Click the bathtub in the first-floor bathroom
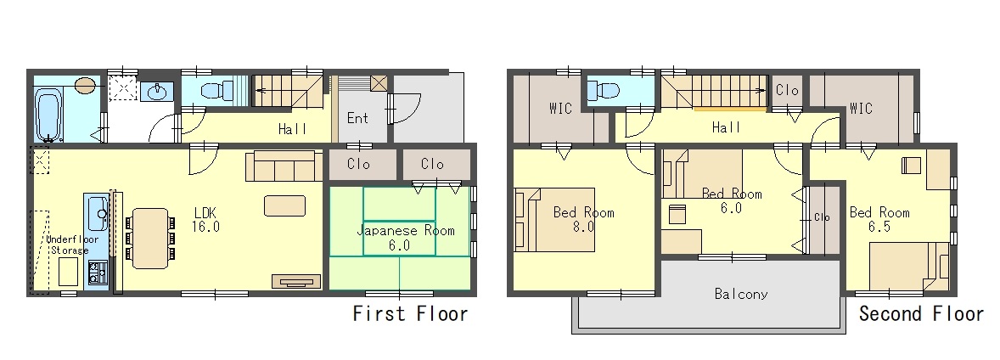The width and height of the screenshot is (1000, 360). [48, 115]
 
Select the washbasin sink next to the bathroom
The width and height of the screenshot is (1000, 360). [157, 92]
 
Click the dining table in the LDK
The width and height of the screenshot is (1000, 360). [150, 238]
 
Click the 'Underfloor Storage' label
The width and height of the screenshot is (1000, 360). [70, 245]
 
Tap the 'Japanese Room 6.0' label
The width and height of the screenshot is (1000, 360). [399, 237]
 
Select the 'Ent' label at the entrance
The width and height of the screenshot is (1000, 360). [357, 118]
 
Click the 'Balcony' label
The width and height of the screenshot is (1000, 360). [740, 295]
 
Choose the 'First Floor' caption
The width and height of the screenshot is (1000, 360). [411, 313]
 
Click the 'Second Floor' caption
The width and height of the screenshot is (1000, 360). [921, 313]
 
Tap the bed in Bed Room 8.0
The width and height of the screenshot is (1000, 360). [555, 220]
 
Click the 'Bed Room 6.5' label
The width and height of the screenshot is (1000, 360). [879, 219]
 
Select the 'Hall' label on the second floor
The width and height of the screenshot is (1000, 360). [726, 128]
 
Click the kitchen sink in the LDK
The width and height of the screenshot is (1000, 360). [98, 214]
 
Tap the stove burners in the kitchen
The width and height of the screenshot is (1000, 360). [98, 273]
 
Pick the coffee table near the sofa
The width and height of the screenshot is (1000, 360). [284, 205]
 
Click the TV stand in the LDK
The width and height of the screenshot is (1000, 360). [296, 282]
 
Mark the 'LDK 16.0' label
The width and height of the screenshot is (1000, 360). [205, 219]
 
